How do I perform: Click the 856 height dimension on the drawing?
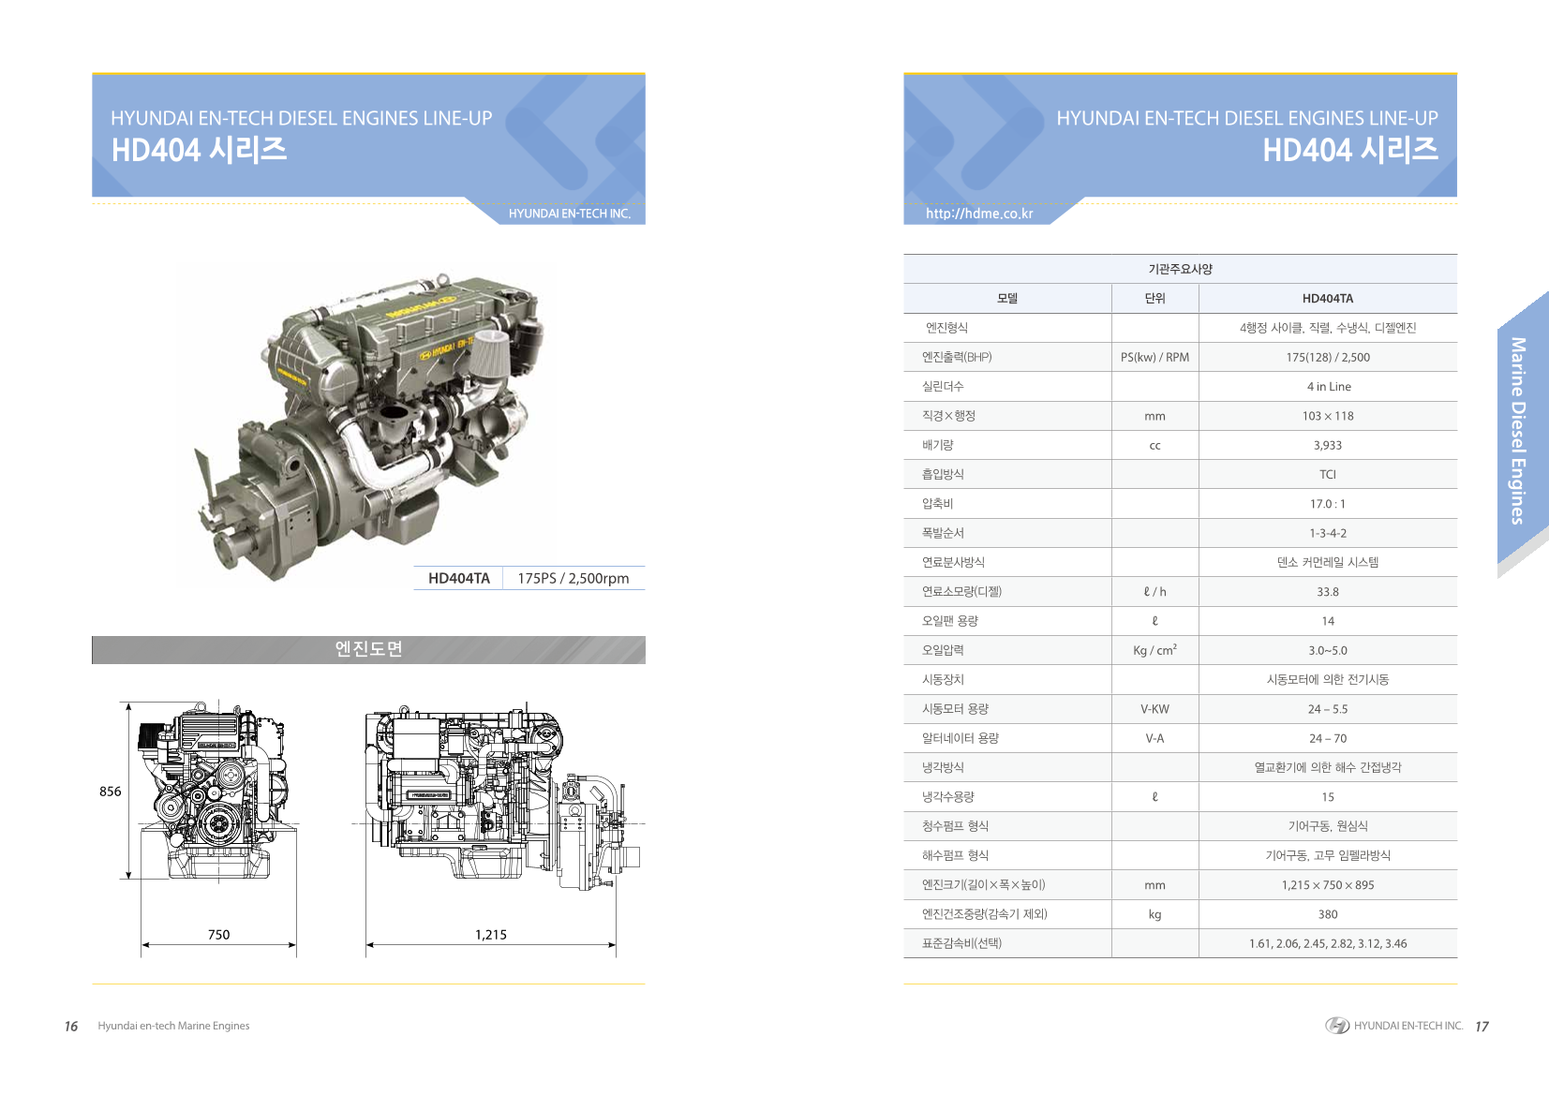110,792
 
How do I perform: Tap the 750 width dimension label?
218,935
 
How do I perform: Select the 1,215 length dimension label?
490,935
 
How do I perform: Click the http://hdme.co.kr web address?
979,214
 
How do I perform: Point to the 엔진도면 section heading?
368,648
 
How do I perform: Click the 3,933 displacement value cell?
1328,445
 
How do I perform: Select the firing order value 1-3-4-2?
1328,533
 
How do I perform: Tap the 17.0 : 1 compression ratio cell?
1328,504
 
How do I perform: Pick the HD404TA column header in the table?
1328,299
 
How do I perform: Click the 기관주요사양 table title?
1180,269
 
